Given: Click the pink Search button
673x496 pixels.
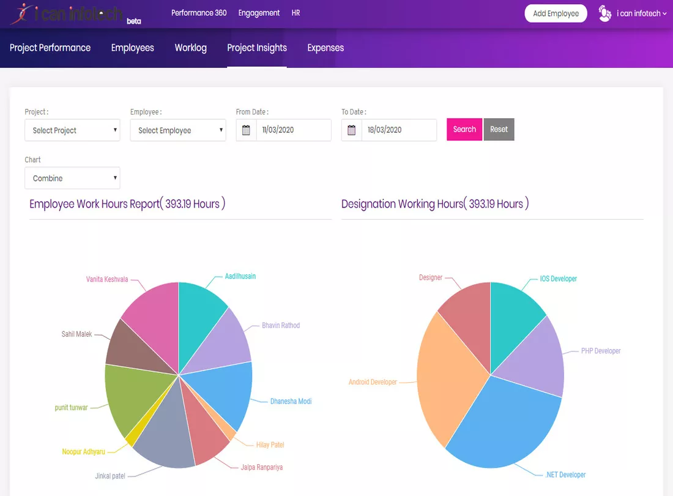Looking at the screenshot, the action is (464, 129).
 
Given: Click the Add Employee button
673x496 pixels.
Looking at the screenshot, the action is (556, 13).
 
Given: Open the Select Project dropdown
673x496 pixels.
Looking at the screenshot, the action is (72, 130).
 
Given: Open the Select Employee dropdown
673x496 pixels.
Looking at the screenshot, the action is (177, 130).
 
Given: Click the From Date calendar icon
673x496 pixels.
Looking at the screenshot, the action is (246, 130).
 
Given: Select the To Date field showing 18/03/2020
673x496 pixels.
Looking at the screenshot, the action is (399, 130).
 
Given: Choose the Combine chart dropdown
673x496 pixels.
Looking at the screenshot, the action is (72, 178).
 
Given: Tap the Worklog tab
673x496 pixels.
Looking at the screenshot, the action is (190, 48).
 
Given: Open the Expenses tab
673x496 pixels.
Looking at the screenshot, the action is (325, 48).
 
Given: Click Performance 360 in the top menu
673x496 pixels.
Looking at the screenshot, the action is (199, 13).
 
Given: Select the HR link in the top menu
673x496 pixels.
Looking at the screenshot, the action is (296, 13).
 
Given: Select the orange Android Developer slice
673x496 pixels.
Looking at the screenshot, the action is (448, 378).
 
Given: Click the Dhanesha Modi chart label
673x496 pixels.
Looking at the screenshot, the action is (291, 401).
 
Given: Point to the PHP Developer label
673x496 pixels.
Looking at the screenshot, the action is (601, 351).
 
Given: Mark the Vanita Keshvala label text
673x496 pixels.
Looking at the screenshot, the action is (107, 279).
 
